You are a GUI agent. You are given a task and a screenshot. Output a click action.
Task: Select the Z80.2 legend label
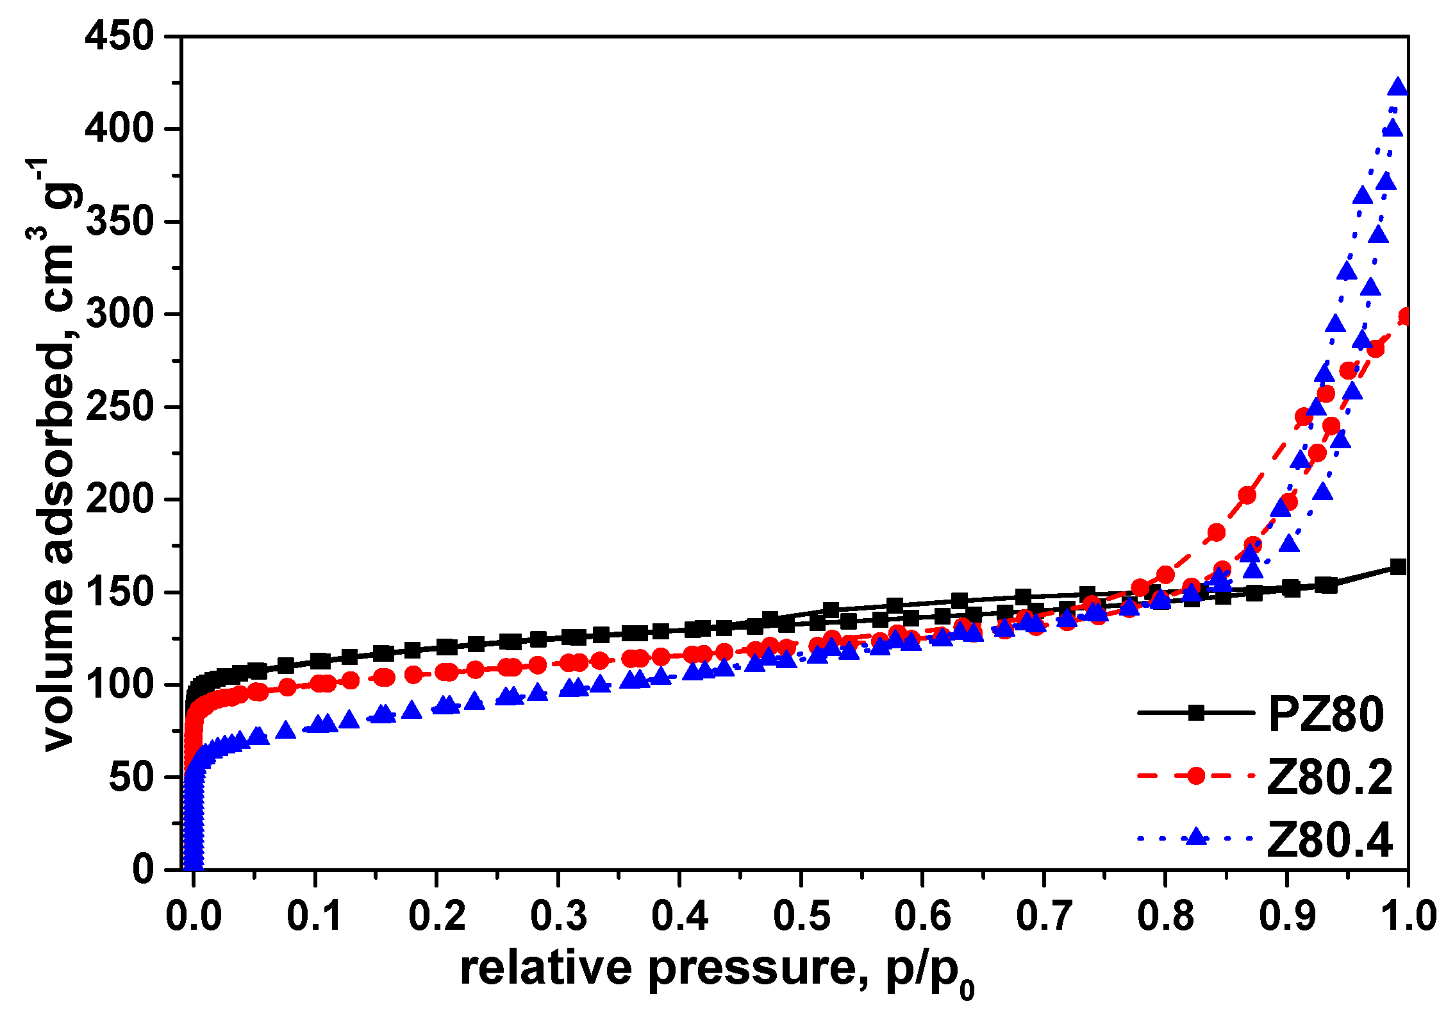(1329, 777)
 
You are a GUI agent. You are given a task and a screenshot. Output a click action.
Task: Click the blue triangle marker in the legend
(1195, 837)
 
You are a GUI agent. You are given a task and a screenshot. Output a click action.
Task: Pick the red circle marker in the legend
(1195, 776)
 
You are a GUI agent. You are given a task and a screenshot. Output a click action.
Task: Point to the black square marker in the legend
(1195, 713)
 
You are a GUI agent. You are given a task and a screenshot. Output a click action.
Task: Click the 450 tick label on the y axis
(119, 36)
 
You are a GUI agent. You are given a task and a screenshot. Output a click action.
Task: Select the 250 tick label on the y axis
(119, 407)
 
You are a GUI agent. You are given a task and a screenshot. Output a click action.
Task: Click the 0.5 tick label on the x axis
(801, 916)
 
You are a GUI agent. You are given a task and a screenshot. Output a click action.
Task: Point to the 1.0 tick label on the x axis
(1408, 916)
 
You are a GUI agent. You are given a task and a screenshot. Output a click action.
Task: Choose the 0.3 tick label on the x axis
(558, 916)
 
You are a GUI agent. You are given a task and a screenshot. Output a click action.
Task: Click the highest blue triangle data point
(1398, 87)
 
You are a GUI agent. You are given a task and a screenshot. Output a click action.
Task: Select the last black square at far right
(1398, 567)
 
